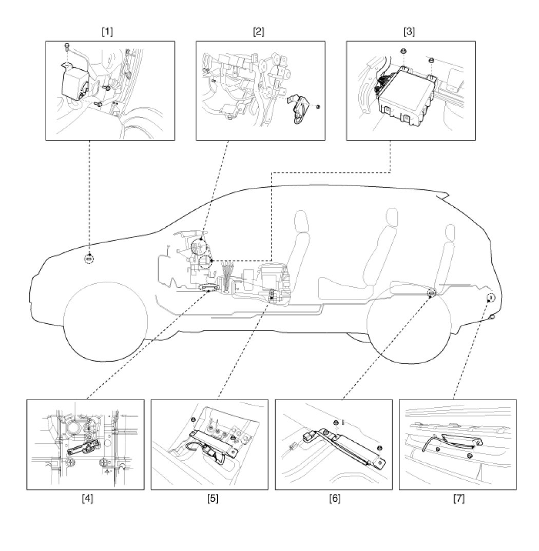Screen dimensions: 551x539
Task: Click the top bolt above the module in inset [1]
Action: tap(67, 47)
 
